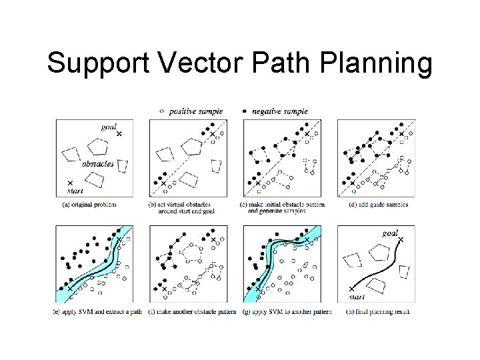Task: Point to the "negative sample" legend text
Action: click(280, 111)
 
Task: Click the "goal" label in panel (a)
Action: click(108, 127)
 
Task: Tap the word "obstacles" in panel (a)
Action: click(97, 163)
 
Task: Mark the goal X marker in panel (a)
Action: click(119, 134)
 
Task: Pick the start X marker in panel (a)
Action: click(69, 182)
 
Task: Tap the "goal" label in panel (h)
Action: click(391, 233)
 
